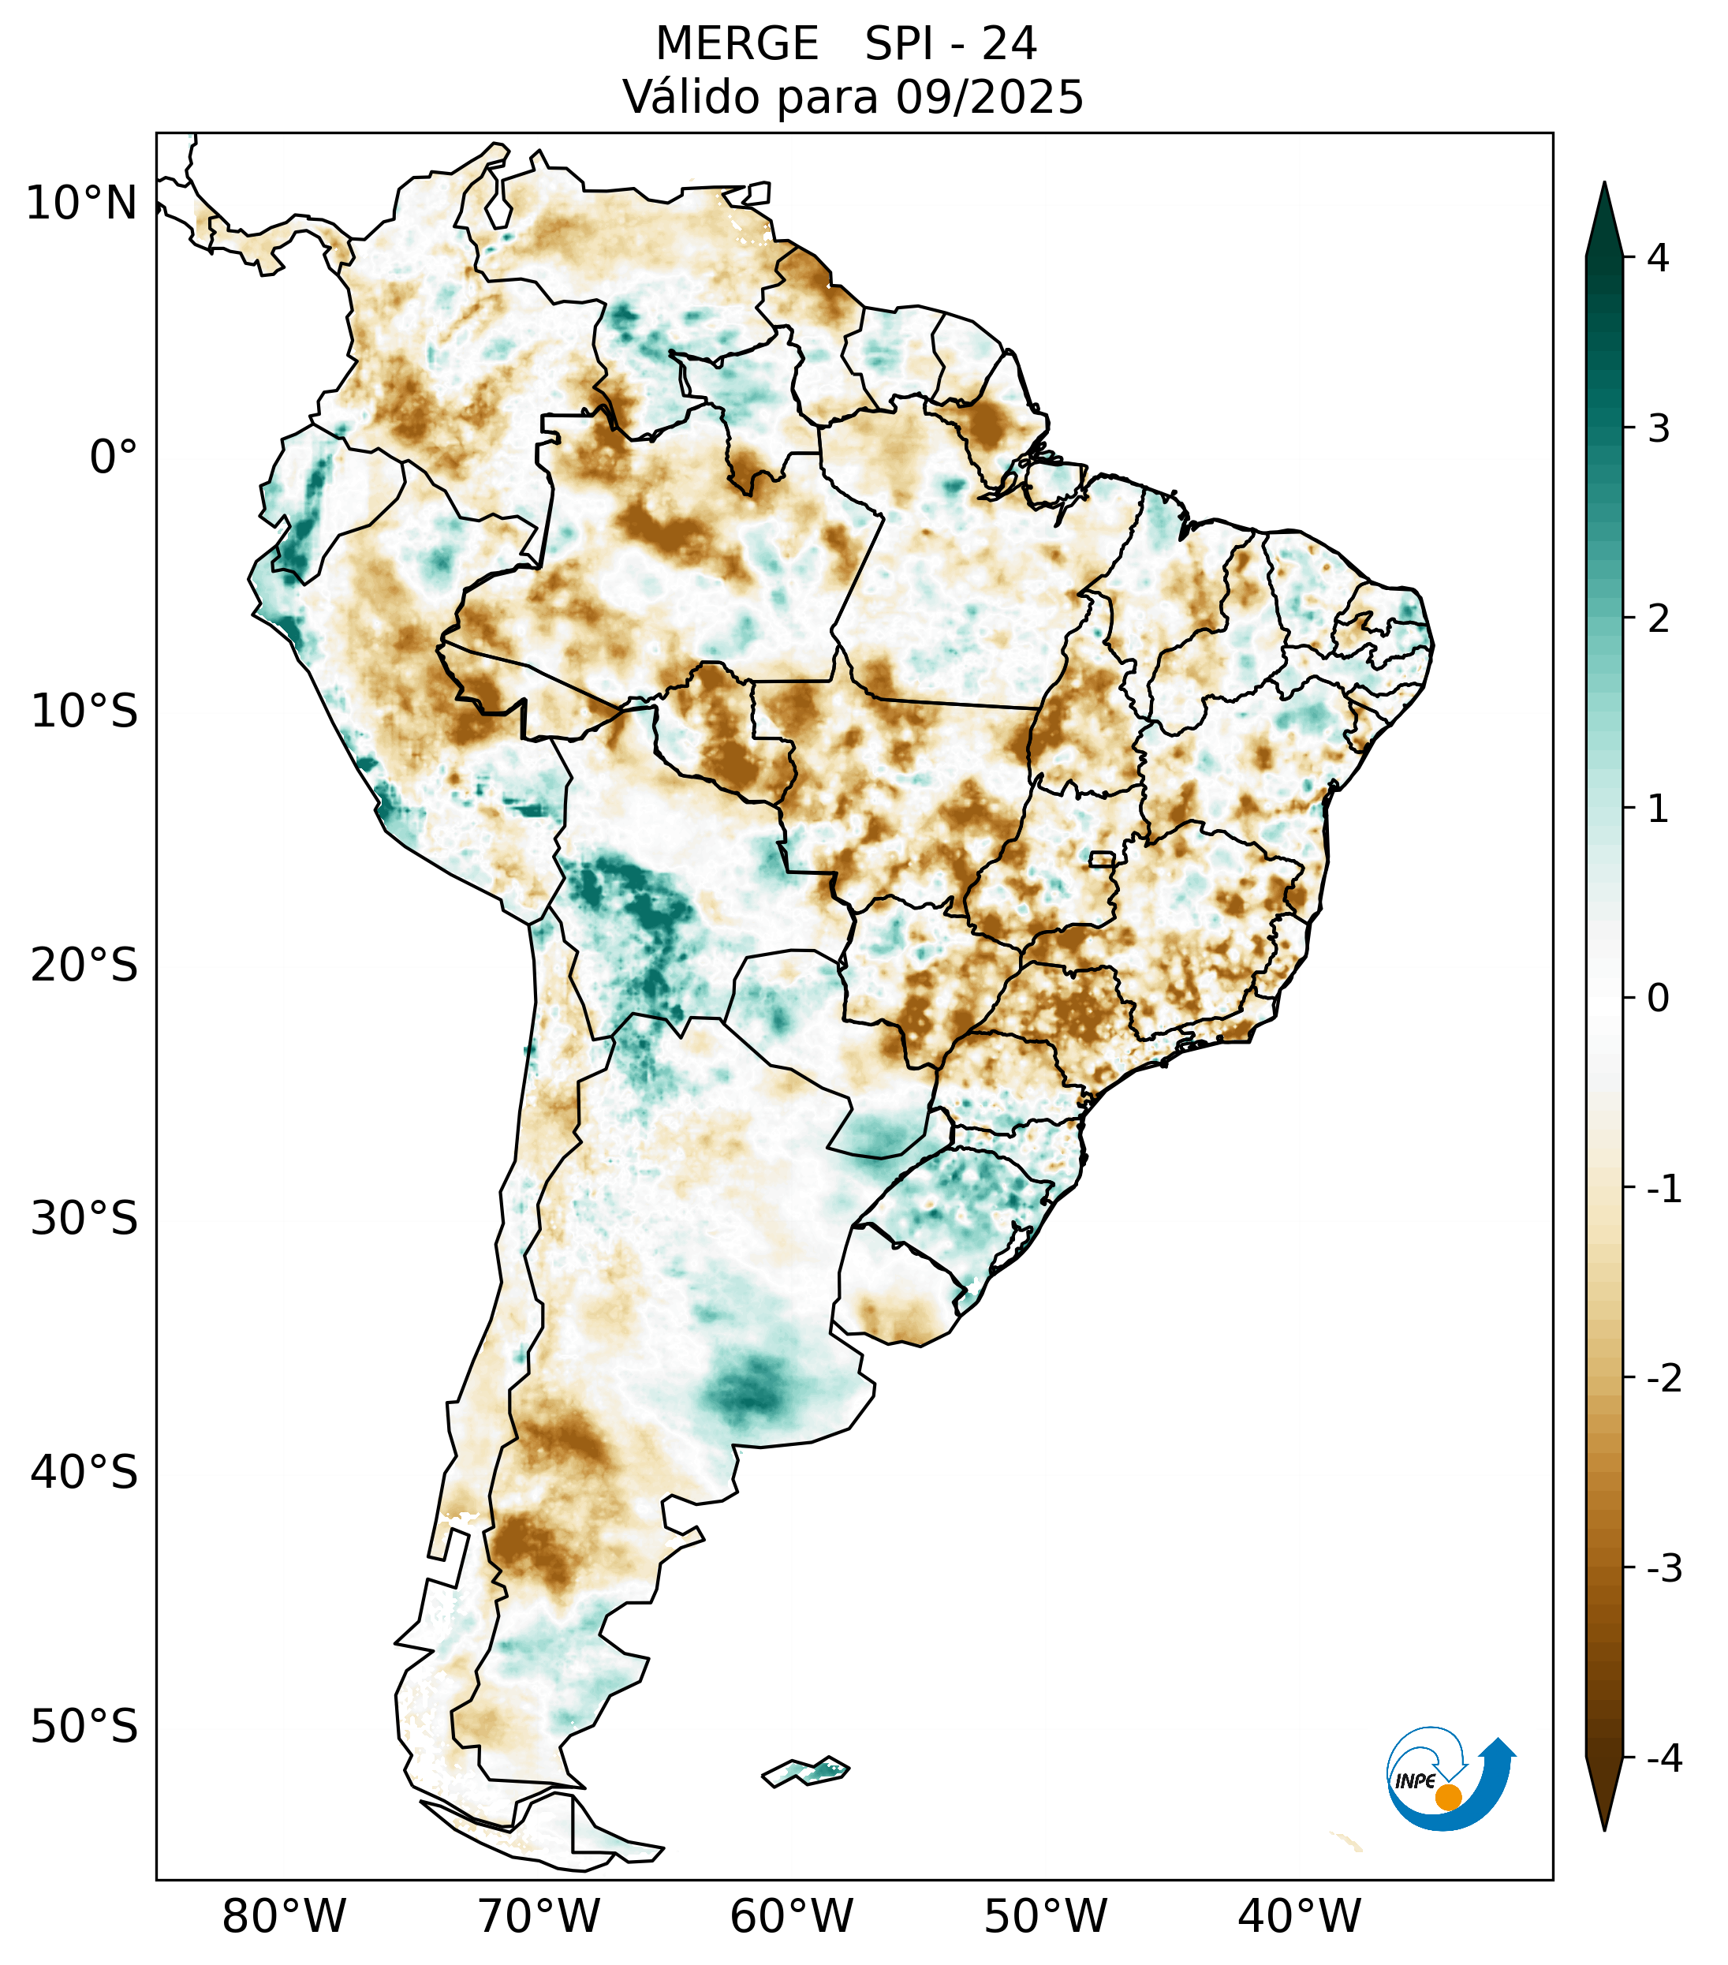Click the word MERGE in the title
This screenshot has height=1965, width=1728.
click(736, 44)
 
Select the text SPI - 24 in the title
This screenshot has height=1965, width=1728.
click(950, 44)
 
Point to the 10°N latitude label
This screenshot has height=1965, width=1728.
click(82, 204)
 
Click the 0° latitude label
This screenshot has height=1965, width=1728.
click(114, 458)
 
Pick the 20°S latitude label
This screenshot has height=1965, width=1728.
click(84, 966)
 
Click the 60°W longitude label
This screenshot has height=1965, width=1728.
click(791, 1916)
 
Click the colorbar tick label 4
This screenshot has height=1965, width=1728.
click(1658, 258)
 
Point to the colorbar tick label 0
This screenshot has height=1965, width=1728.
click(1658, 998)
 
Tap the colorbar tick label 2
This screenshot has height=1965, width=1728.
click(1658, 619)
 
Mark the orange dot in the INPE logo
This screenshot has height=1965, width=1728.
click(1447, 1797)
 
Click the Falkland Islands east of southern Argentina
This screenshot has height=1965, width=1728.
click(806, 1770)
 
